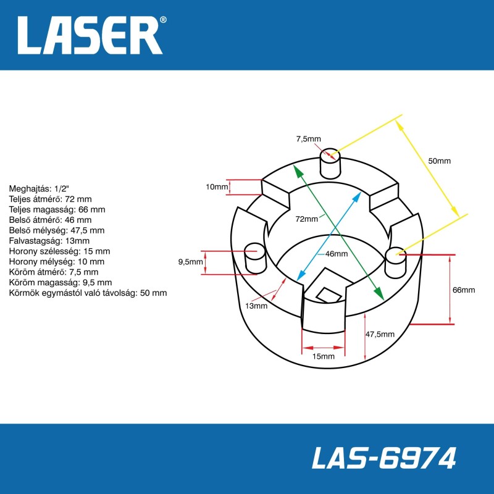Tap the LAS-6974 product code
click(383, 458)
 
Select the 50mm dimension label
click(439, 161)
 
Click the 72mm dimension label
click(306, 219)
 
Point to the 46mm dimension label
click(337, 254)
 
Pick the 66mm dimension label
click(464, 290)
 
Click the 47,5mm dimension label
click(380, 334)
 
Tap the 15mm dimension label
click(323, 356)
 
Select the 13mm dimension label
click(256, 306)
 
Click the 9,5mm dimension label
click(191, 262)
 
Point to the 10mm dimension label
click(217, 187)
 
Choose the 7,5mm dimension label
click(308, 139)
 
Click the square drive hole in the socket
click(329, 295)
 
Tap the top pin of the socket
click(330, 163)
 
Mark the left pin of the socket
click(255, 257)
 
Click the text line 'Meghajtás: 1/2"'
click(39, 189)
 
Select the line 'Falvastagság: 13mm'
click(49, 241)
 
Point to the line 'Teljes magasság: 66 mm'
click(57, 209)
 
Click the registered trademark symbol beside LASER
click(163, 20)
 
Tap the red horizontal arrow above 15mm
click(323, 348)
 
